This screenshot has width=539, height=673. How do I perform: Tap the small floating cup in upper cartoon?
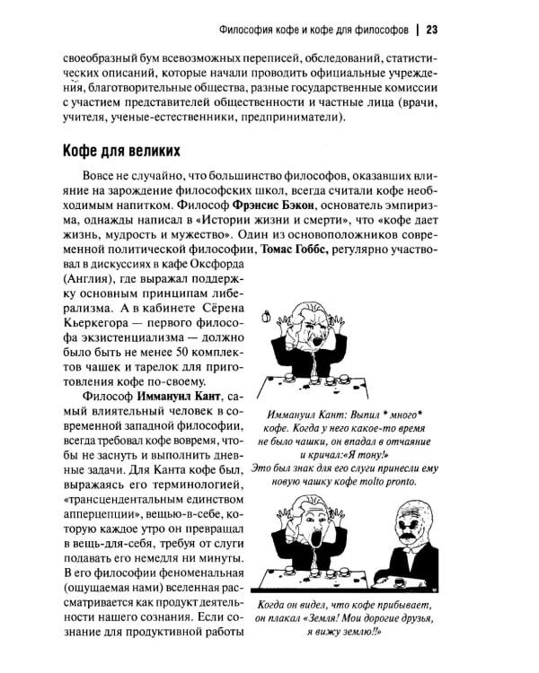(x=265, y=315)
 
